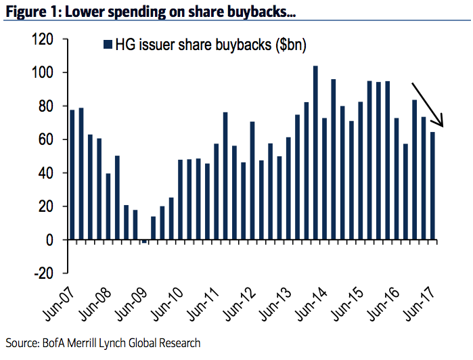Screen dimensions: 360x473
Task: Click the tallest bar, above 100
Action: tap(315, 152)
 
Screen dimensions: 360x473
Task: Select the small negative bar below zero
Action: tap(144, 242)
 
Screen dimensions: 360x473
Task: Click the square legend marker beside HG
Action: tap(106, 45)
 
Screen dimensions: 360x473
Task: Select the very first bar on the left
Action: tap(72, 175)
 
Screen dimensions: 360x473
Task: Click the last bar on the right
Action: tap(432, 185)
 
